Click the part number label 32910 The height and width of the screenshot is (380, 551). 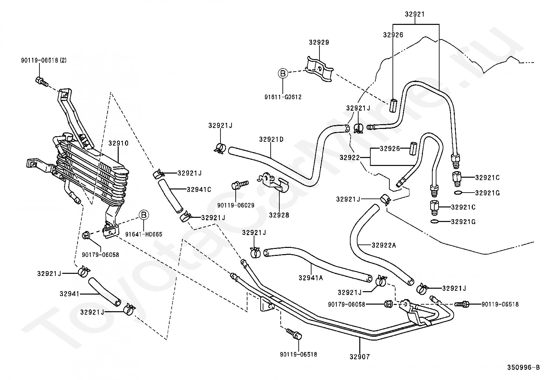[118, 143]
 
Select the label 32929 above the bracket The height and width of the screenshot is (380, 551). [319, 42]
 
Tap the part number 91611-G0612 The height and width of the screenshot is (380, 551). [283, 97]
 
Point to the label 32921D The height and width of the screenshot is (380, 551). [271, 139]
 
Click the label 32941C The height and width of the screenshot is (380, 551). [199, 189]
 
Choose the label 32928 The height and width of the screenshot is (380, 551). [279, 215]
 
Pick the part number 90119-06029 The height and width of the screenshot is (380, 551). [236, 205]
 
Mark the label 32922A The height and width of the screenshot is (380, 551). [384, 245]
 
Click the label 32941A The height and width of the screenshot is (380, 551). [311, 278]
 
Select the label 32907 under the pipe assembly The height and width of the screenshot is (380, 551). [360, 356]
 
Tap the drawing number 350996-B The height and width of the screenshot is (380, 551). [523, 367]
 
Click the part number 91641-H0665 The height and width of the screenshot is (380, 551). [144, 234]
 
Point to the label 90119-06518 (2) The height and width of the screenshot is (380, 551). [44, 60]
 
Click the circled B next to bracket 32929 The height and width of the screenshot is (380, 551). [283, 73]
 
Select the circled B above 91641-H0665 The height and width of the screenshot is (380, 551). [144, 215]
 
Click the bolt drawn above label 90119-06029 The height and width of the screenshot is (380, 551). [240, 184]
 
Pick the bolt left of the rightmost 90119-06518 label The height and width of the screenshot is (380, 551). [462, 304]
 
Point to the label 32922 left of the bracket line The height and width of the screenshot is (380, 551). [350, 157]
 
